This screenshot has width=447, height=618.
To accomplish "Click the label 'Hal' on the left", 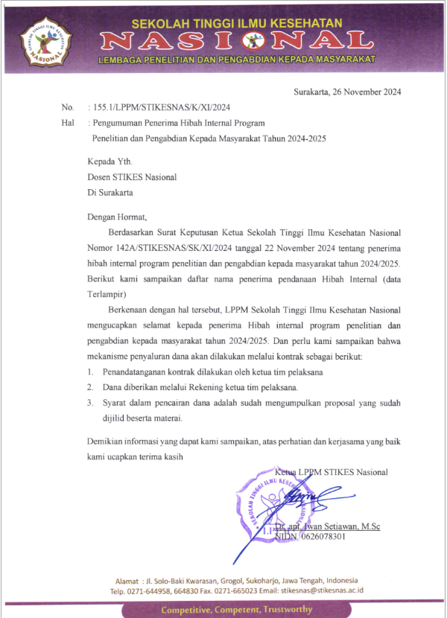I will point(68,122).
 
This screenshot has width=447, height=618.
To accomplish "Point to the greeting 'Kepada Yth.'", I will point(109,161).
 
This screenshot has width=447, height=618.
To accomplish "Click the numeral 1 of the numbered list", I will point(89,372).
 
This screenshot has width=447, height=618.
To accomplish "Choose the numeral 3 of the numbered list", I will point(89,403).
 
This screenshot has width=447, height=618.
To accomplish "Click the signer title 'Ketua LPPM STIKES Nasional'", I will point(332,472).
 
